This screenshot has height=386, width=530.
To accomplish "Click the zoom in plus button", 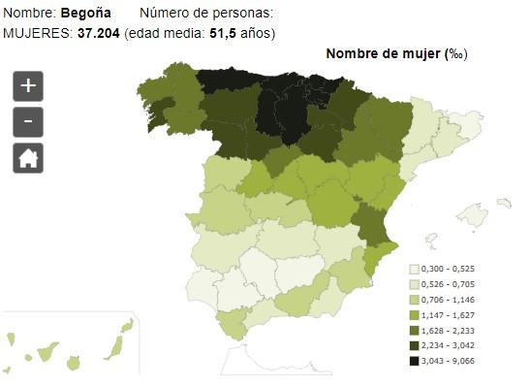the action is (x=28, y=86).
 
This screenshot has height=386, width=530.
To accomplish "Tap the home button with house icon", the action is (x=28, y=158).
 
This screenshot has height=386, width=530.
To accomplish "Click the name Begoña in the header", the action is (x=86, y=13).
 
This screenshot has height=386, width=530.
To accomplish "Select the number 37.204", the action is (x=99, y=33).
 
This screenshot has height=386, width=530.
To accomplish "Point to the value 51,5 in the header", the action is (x=223, y=33).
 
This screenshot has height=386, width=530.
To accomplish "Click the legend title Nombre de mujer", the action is (x=383, y=53).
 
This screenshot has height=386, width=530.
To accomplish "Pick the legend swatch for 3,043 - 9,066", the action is (x=414, y=361).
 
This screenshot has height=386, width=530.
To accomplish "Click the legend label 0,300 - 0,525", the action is (x=448, y=269).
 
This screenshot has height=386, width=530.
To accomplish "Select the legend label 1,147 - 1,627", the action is (x=448, y=315).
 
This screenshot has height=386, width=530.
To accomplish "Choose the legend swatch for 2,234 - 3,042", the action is (x=414, y=345).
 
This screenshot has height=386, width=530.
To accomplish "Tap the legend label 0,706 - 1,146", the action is (x=448, y=300).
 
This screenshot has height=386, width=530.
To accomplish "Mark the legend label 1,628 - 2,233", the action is (x=448, y=331).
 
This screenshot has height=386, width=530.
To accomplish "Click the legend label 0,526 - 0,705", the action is (x=448, y=284).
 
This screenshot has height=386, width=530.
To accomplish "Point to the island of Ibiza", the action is (x=431, y=241).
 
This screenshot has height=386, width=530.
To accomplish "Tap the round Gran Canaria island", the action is (x=73, y=364).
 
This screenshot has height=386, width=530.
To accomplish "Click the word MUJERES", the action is (x=38, y=33).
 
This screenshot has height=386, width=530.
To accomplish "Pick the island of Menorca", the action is (x=504, y=203).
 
